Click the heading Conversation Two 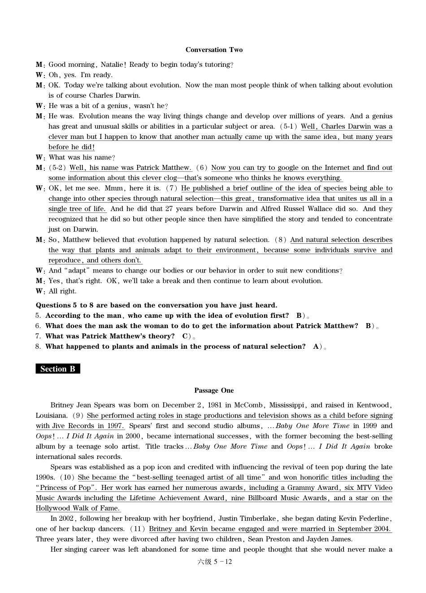point(214,50)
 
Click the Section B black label point(58,369)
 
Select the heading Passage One point(214,390)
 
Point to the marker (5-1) point(288,126)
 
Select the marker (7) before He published point(172,188)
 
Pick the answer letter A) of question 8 point(317,346)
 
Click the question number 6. point(38,326)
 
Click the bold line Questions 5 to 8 point(156,305)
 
